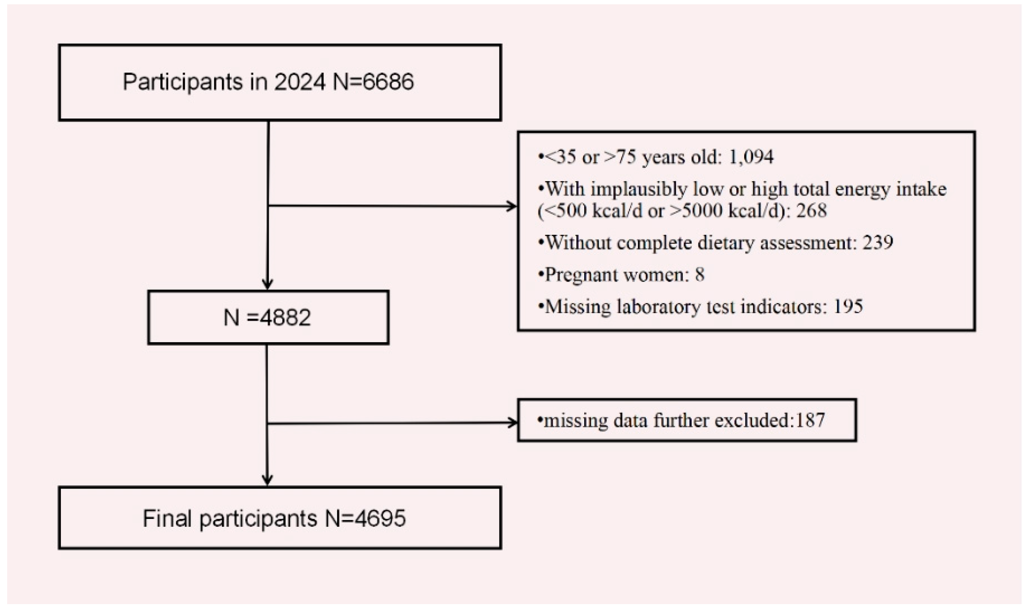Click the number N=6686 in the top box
(373, 82)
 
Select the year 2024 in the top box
(300, 82)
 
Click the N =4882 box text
(267, 317)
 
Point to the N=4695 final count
(365, 518)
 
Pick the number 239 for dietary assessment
(878, 243)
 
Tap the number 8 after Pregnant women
(699, 275)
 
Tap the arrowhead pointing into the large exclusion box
(512, 206)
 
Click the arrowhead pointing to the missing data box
(512, 423)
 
